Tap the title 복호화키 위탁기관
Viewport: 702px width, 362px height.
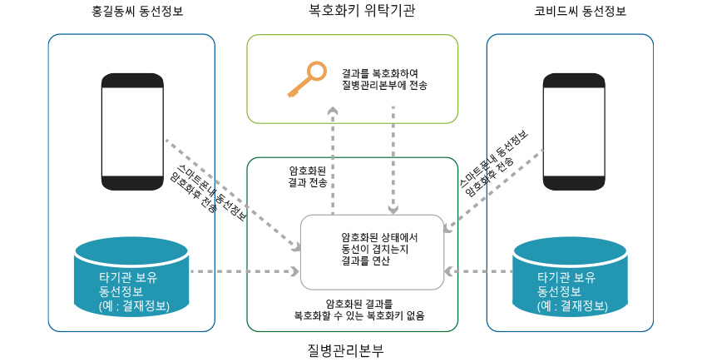click(350, 11)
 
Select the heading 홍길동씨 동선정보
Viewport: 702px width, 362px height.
click(132, 12)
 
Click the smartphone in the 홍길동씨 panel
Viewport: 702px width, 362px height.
click(132, 131)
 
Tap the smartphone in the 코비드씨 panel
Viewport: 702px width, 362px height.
click(574, 131)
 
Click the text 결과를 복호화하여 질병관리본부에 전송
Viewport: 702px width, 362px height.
click(384, 79)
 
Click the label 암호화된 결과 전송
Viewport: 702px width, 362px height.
click(307, 176)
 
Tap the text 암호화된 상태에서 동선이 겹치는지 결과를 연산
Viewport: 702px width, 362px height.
click(373, 249)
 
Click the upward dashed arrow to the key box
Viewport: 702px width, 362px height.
click(333, 158)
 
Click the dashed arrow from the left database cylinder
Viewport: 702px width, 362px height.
click(245, 271)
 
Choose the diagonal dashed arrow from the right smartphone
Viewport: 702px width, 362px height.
click(495, 188)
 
